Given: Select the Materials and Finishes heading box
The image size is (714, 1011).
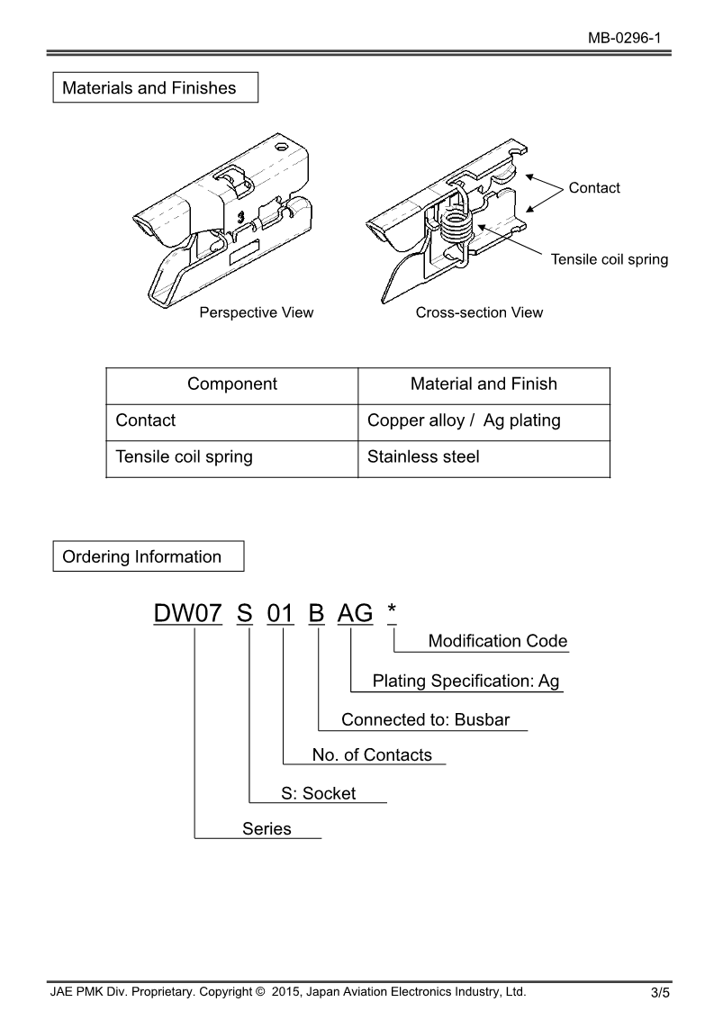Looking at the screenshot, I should pyautogui.click(x=156, y=88).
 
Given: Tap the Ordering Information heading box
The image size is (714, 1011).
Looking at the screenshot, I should pyautogui.click(x=149, y=556).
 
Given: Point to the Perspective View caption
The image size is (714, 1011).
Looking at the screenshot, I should pyautogui.click(x=257, y=312).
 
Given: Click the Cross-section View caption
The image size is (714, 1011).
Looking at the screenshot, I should pyautogui.click(x=479, y=312).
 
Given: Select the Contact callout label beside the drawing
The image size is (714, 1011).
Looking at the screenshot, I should pyautogui.click(x=594, y=187).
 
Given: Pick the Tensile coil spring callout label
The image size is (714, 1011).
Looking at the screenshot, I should pyautogui.click(x=610, y=259).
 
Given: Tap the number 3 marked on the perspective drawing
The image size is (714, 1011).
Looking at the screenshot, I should pyautogui.click(x=240, y=216).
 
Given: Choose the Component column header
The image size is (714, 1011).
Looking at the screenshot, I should pyautogui.click(x=232, y=384).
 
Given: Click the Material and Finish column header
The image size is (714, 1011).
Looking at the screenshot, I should pyautogui.click(x=484, y=384).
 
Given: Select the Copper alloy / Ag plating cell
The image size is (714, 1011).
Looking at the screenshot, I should pyautogui.click(x=464, y=420).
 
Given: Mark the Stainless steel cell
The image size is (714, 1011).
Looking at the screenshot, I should pyautogui.click(x=423, y=456).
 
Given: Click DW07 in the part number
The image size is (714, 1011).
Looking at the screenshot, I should pyautogui.click(x=187, y=613).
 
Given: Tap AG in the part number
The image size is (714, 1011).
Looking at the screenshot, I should pyautogui.click(x=355, y=613).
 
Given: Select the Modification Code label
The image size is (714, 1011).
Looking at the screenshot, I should pyautogui.click(x=498, y=641).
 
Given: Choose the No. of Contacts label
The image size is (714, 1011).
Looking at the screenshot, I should pyautogui.click(x=372, y=754).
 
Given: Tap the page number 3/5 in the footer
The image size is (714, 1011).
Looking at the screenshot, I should pyautogui.click(x=660, y=993).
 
